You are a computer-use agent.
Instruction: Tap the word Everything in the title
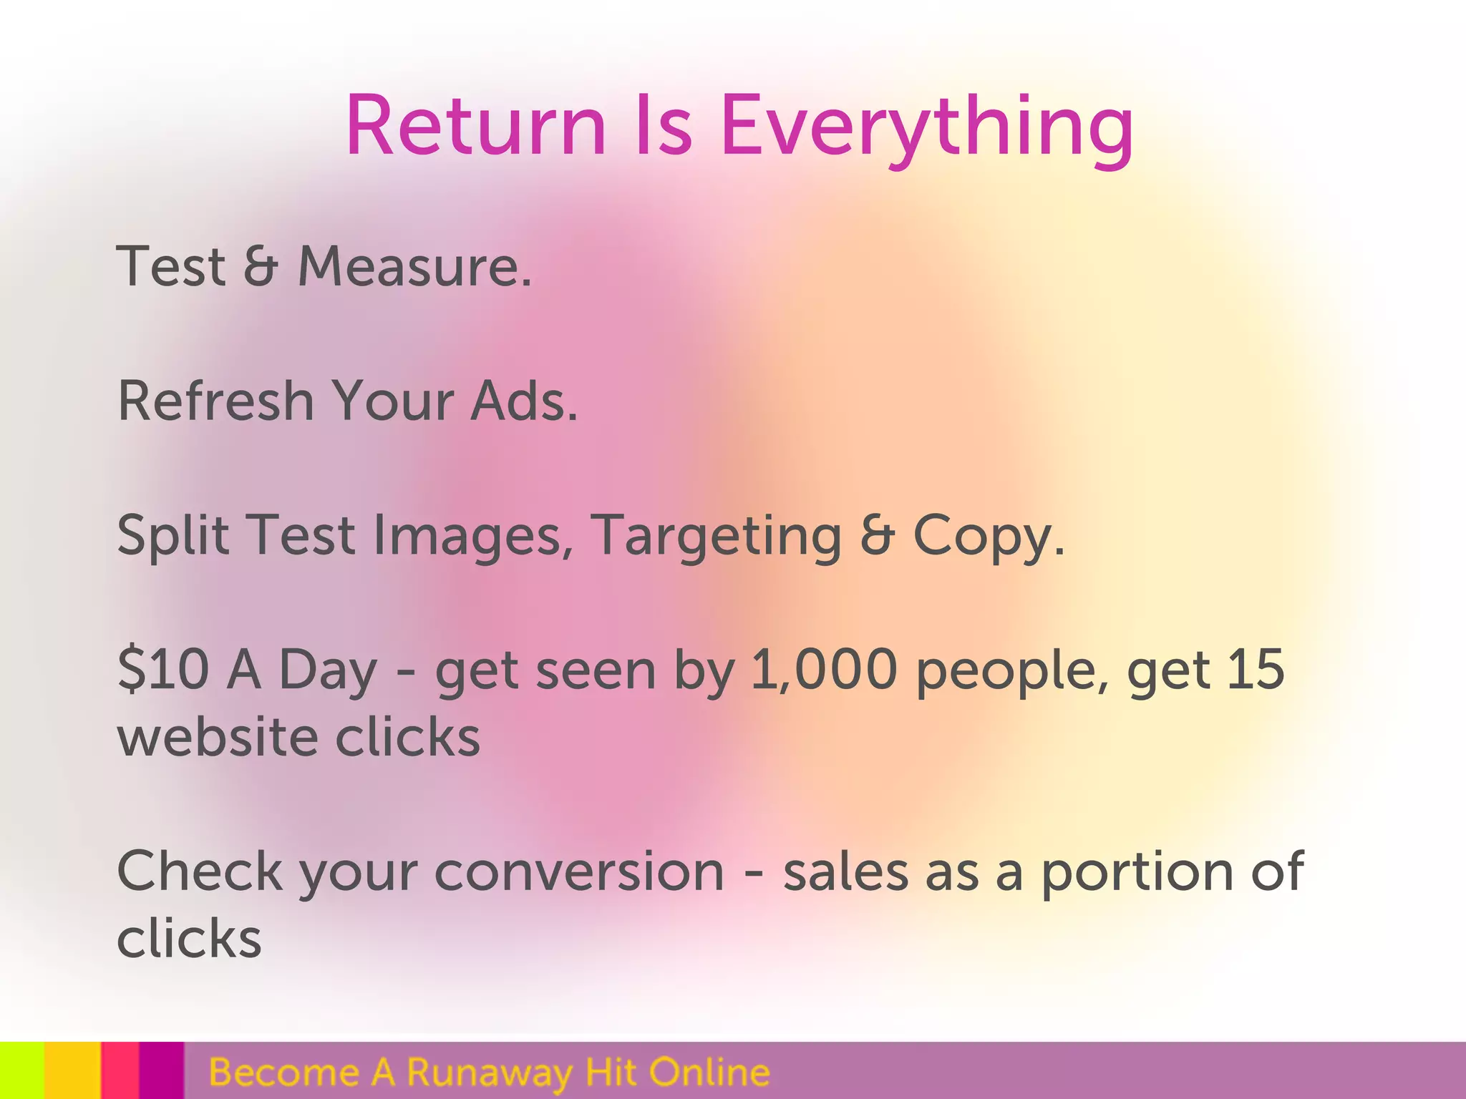tap(927, 127)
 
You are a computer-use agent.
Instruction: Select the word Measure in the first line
tap(414, 266)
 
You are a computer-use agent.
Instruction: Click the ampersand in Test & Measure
tap(260, 266)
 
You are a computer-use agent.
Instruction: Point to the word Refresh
tap(215, 401)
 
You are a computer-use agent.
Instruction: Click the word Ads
tap(523, 401)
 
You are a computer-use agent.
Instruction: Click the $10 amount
tap(163, 670)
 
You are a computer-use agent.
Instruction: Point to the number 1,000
tap(824, 670)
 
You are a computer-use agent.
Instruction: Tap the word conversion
tap(579, 871)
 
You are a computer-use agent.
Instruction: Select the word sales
tap(845, 871)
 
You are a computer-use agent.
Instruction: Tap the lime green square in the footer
tap(21, 1070)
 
